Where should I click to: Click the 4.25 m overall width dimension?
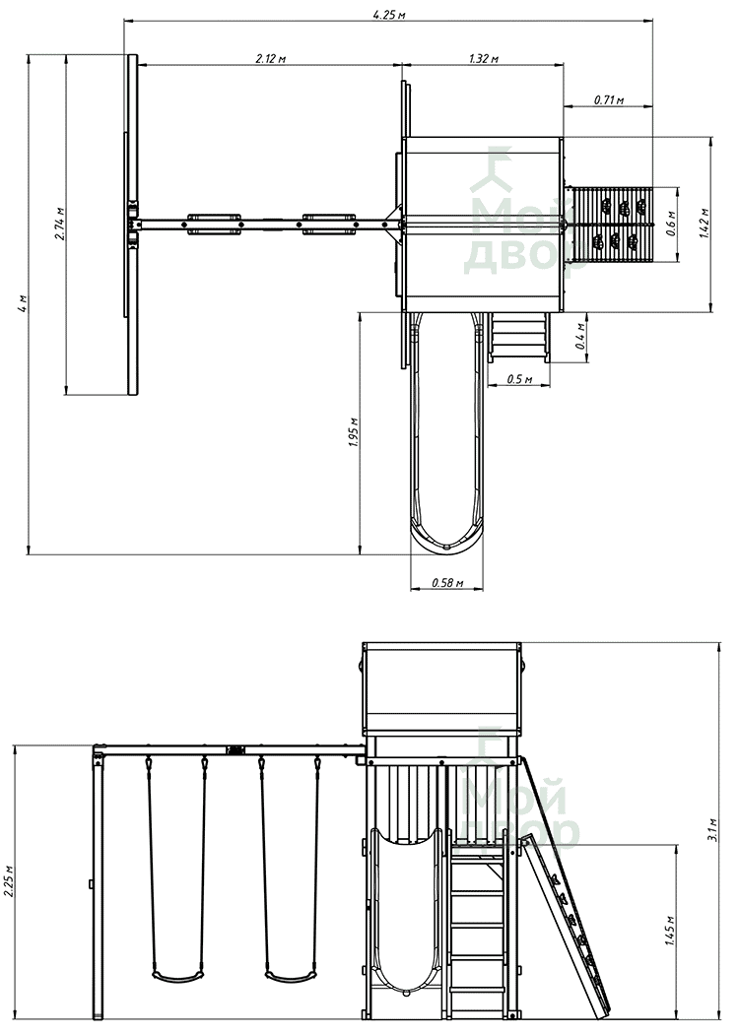[x=388, y=14]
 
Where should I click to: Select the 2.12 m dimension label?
[x=271, y=58]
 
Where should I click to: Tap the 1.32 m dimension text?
[x=484, y=58]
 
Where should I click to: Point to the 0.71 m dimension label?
[x=609, y=99]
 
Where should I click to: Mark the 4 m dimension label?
[x=23, y=304]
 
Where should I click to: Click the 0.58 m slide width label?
[x=447, y=583]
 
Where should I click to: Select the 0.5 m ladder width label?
[x=519, y=378]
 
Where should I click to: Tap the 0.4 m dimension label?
[x=580, y=337]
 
